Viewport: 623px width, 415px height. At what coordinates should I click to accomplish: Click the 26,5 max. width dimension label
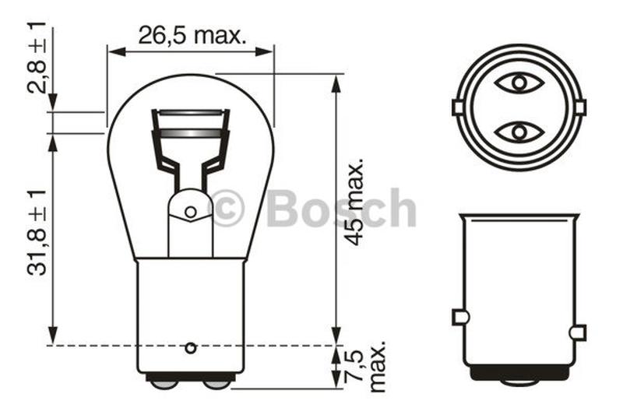192,34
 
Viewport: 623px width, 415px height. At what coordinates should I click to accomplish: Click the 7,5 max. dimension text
365,367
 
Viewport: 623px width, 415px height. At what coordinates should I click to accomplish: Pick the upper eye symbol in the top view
519,83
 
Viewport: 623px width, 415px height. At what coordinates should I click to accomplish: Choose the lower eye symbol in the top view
519,132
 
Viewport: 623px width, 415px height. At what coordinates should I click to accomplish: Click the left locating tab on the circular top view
458,107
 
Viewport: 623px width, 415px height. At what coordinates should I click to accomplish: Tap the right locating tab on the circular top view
580,107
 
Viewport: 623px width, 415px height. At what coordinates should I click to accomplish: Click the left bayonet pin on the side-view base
460,317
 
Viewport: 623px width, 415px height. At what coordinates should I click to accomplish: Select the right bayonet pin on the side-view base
577,332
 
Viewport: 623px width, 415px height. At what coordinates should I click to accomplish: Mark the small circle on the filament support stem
191,212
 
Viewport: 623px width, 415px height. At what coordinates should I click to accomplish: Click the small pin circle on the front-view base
191,347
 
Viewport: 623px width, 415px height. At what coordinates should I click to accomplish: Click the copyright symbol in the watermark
227,209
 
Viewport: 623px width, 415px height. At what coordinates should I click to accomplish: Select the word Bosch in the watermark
341,209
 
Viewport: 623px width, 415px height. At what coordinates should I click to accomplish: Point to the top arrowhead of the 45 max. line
336,82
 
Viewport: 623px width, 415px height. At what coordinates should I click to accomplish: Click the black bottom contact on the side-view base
519,375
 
